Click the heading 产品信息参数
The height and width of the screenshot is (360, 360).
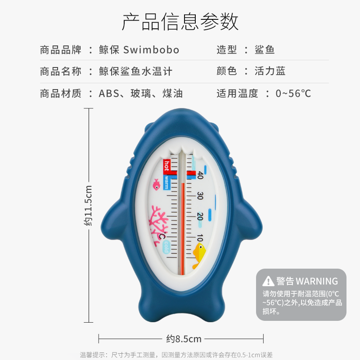180,22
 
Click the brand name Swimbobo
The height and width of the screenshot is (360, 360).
151,49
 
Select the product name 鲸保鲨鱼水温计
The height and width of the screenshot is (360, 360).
135,71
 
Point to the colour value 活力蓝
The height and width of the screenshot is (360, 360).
270,71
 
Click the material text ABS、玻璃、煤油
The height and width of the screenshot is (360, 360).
140,94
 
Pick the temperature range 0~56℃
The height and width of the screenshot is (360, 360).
293,94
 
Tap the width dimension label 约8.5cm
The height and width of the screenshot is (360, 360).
184,338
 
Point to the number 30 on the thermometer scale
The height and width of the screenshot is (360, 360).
200,196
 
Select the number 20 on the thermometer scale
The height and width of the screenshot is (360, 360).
200,216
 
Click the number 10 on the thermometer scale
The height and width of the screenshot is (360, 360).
199,237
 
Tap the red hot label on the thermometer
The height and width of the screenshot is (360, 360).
166,165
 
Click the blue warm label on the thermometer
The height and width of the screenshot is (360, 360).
166,182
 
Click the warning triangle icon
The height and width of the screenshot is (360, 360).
268,281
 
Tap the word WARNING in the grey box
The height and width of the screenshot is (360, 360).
317,281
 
